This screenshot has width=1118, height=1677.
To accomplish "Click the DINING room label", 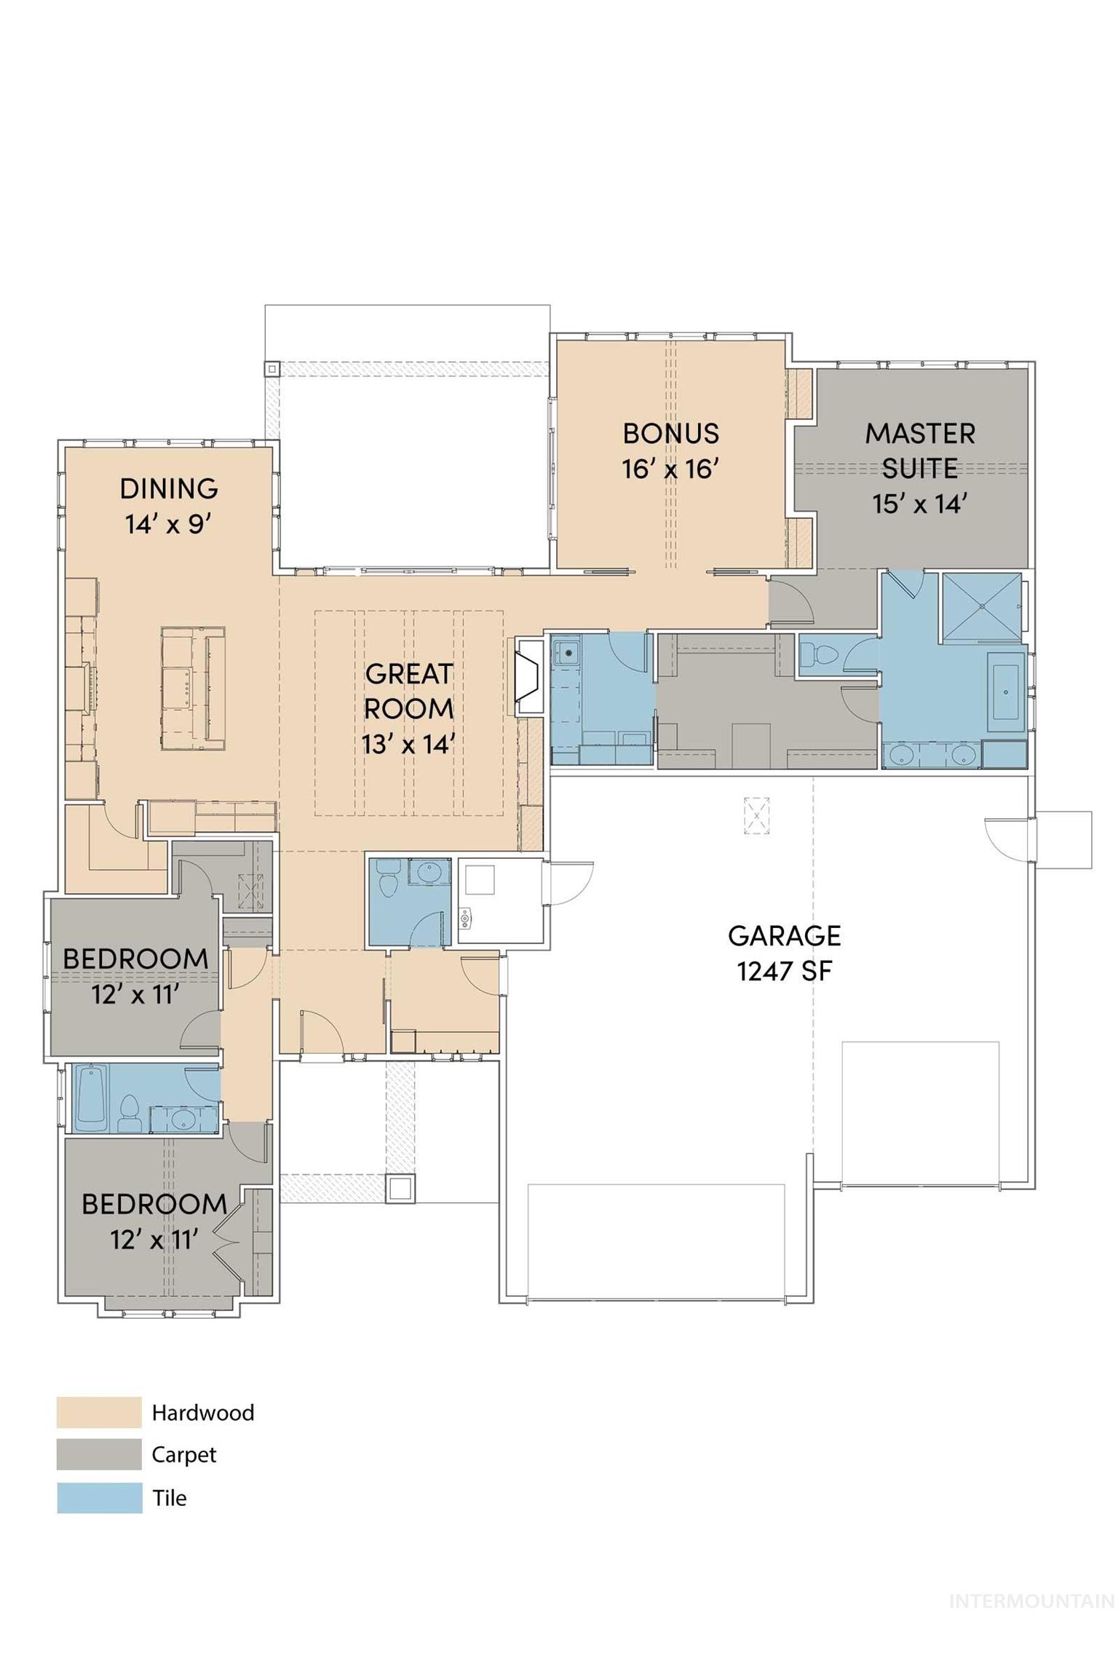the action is (x=169, y=488).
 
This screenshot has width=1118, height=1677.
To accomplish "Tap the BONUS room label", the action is (x=671, y=434).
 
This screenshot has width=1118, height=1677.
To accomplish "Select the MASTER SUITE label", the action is (x=920, y=451).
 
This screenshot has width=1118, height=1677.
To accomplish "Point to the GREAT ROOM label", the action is (x=409, y=691).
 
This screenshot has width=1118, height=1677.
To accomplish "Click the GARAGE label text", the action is (x=785, y=936).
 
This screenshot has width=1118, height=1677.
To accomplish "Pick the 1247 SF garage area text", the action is (x=785, y=972).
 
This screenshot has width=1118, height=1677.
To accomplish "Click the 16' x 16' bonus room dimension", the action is (x=671, y=469).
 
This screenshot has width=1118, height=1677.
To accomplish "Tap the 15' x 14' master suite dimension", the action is (x=920, y=504).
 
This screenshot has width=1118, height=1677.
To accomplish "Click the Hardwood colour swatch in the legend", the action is (x=99, y=1413).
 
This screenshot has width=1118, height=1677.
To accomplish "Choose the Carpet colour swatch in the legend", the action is (x=99, y=1455).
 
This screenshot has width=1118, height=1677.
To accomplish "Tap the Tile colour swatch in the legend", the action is (x=99, y=1498).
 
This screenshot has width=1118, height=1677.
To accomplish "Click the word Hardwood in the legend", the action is (x=203, y=1413).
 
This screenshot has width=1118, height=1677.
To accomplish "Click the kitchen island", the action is (x=193, y=689).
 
